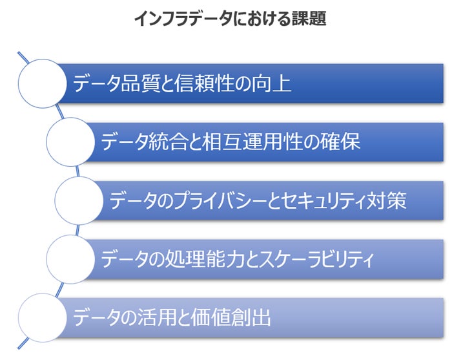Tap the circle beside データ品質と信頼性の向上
pyautogui.click(x=43, y=83)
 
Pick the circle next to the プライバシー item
pyautogui.click(x=79, y=200)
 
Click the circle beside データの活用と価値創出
pyautogui.click(x=43, y=317)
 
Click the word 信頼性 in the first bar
pyautogui.click(x=202, y=83)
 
